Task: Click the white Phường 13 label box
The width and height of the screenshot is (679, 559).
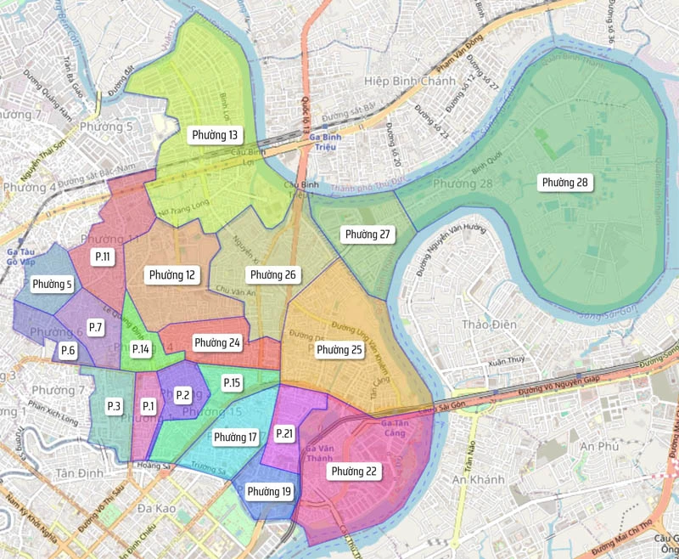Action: (x=215, y=135)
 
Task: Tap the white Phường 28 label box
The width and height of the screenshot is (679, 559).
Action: (x=565, y=183)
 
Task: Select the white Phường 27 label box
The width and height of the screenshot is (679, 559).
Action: (x=368, y=234)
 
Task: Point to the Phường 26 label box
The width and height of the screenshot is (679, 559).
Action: (x=272, y=275)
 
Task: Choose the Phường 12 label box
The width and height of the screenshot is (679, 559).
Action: (x=172, y=275)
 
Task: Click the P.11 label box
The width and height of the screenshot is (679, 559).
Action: (x=104, y=257)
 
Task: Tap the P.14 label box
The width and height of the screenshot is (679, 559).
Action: (x=141, y=349)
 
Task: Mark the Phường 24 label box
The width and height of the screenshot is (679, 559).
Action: (x=217, y=343)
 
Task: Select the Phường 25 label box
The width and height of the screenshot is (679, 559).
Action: (x=339, y=349)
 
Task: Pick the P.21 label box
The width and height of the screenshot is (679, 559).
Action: (x=285, y=434)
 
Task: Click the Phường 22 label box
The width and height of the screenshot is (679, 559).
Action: (x=355, y=471)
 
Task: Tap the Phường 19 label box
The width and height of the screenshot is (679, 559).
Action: (x=269, y=492)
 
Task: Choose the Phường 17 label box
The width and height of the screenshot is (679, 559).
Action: (x=236, y=438)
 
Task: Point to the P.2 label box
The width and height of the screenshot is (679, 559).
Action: (x=182, y=395)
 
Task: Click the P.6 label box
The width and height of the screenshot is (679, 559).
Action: (x=69, y=351)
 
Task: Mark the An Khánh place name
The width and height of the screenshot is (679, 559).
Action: (x=480, y=480)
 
